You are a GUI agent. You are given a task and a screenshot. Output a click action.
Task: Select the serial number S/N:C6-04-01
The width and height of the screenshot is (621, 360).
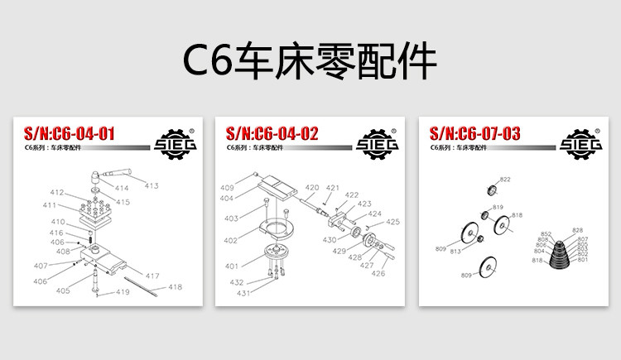click(x=69, y=133)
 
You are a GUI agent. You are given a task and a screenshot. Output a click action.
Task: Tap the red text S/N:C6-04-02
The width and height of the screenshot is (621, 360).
click(x=272, y=133)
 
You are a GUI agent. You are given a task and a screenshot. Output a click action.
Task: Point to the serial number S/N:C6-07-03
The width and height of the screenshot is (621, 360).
click(x=475, y=133)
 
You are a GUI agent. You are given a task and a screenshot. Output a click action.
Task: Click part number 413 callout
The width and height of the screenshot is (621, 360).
click(x=151, y=185)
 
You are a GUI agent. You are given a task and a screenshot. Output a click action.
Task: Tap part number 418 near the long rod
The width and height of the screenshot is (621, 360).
click(x=175, y=287)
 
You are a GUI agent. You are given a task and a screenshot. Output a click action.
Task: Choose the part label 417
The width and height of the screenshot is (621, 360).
click(x=152, y=276)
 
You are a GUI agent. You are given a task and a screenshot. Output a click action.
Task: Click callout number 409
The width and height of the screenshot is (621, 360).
click(x=226, y=188)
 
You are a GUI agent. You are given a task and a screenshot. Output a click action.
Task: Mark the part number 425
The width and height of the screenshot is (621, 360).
click(x=393, y=222)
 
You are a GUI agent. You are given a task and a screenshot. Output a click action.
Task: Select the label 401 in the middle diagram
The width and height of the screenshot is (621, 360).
click(x=231, y=266)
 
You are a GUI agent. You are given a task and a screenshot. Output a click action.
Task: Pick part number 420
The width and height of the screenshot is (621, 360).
click(x=312, y=188)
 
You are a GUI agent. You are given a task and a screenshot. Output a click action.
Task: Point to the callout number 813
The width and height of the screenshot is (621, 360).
click(x=455, y=251)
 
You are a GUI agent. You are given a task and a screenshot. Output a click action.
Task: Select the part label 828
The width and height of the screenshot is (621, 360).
click(x=578, y=230)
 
